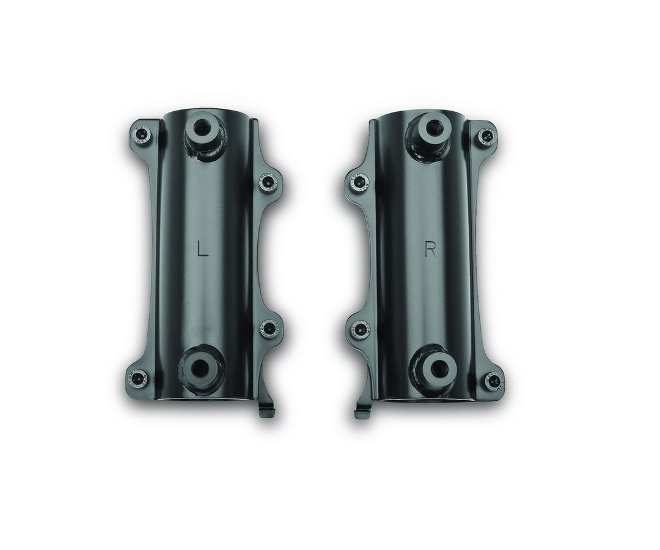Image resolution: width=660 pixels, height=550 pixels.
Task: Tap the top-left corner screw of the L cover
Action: (x=142, y=134)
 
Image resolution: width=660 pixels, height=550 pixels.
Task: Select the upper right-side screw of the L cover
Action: (x=268, y=182)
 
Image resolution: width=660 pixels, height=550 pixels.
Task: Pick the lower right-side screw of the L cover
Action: (x=269, y=328)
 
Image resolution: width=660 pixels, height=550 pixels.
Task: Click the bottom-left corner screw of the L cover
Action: (x=139, y=378)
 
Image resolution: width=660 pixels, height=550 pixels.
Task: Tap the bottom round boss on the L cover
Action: (x=200, y=369)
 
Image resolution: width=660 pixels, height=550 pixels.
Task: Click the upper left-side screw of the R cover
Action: (x=359, y=182)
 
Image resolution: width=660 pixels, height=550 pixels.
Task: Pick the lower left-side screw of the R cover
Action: (x=359, y=330)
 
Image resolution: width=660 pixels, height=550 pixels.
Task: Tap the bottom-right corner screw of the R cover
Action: (x=493, y=382)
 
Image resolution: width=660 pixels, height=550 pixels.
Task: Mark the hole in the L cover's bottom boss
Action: (x=200, y=369)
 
